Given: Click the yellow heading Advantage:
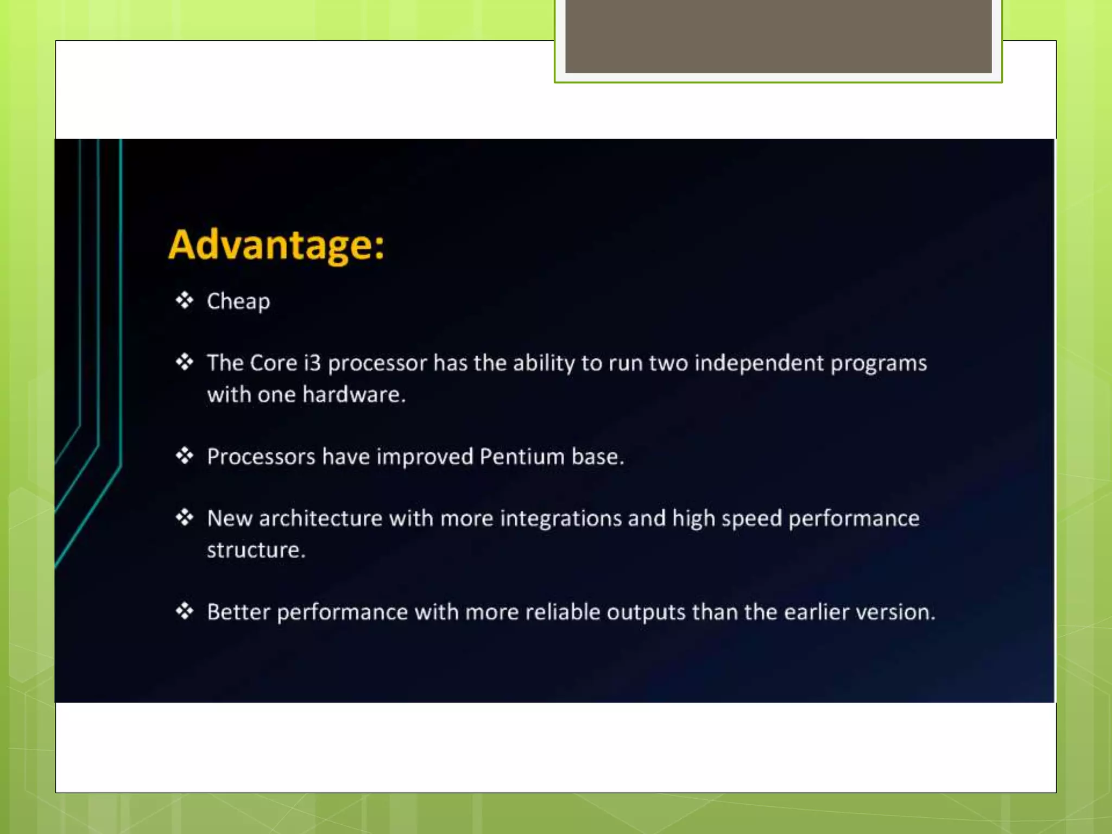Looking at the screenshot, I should pos(276,245).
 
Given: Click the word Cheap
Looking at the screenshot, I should pos(238,301).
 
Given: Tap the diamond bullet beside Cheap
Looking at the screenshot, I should pos(185,300).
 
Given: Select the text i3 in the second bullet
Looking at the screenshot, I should pos(312,363).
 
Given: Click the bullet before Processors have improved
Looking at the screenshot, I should pos(185,456).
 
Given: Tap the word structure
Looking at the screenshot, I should pos(255,550).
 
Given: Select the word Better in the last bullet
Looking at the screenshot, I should pos(238,612).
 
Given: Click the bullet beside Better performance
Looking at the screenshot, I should pos(185,611).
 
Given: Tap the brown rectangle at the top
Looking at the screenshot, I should pos(778,36).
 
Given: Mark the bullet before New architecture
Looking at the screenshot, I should pos(185,517).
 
